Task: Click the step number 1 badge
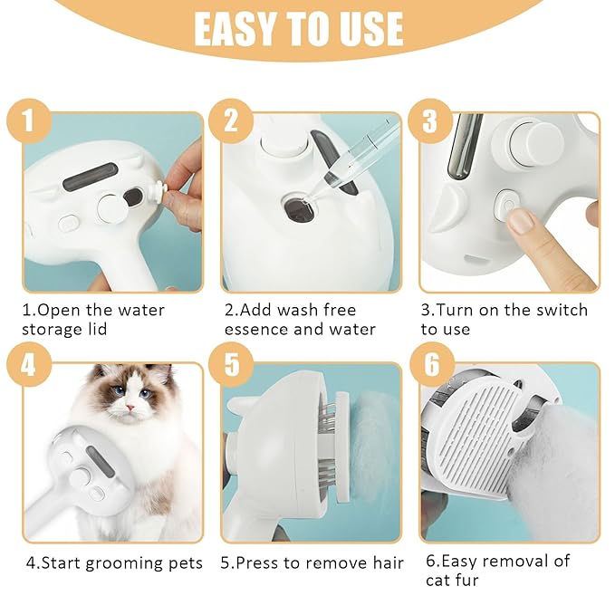pos(29,120)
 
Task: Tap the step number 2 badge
pos(229,120)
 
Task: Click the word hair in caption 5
pos(385,563)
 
